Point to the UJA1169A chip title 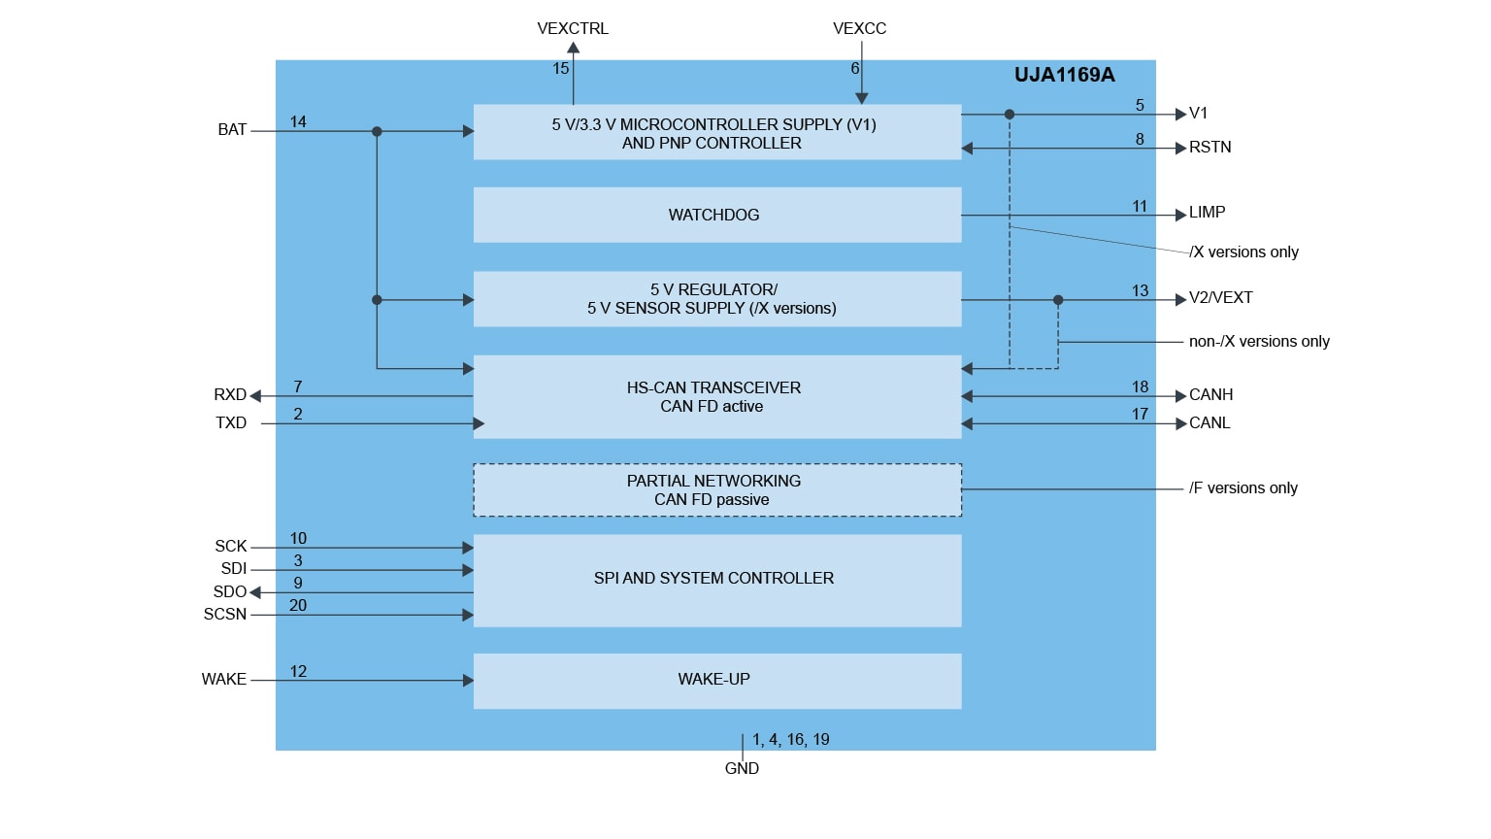(x=1064, y=76)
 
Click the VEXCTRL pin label (x=573, y=29)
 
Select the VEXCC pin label (x=859, y=29)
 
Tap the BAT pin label (x=232, y=130)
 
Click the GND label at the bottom (x=742, y=768)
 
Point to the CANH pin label (x=1210, y=395)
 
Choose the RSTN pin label (x=1209, y=148)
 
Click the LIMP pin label (x=1207, y=213)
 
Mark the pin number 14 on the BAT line (x=298, y=122)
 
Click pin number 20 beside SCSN (x=298, y=606)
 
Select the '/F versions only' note (x=1242, y=488)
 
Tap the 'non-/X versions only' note (x=1259, y=342)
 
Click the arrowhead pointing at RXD (x=255, y=396)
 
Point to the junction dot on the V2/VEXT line (x=1058, y=300)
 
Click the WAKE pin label (x=224, y=680)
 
